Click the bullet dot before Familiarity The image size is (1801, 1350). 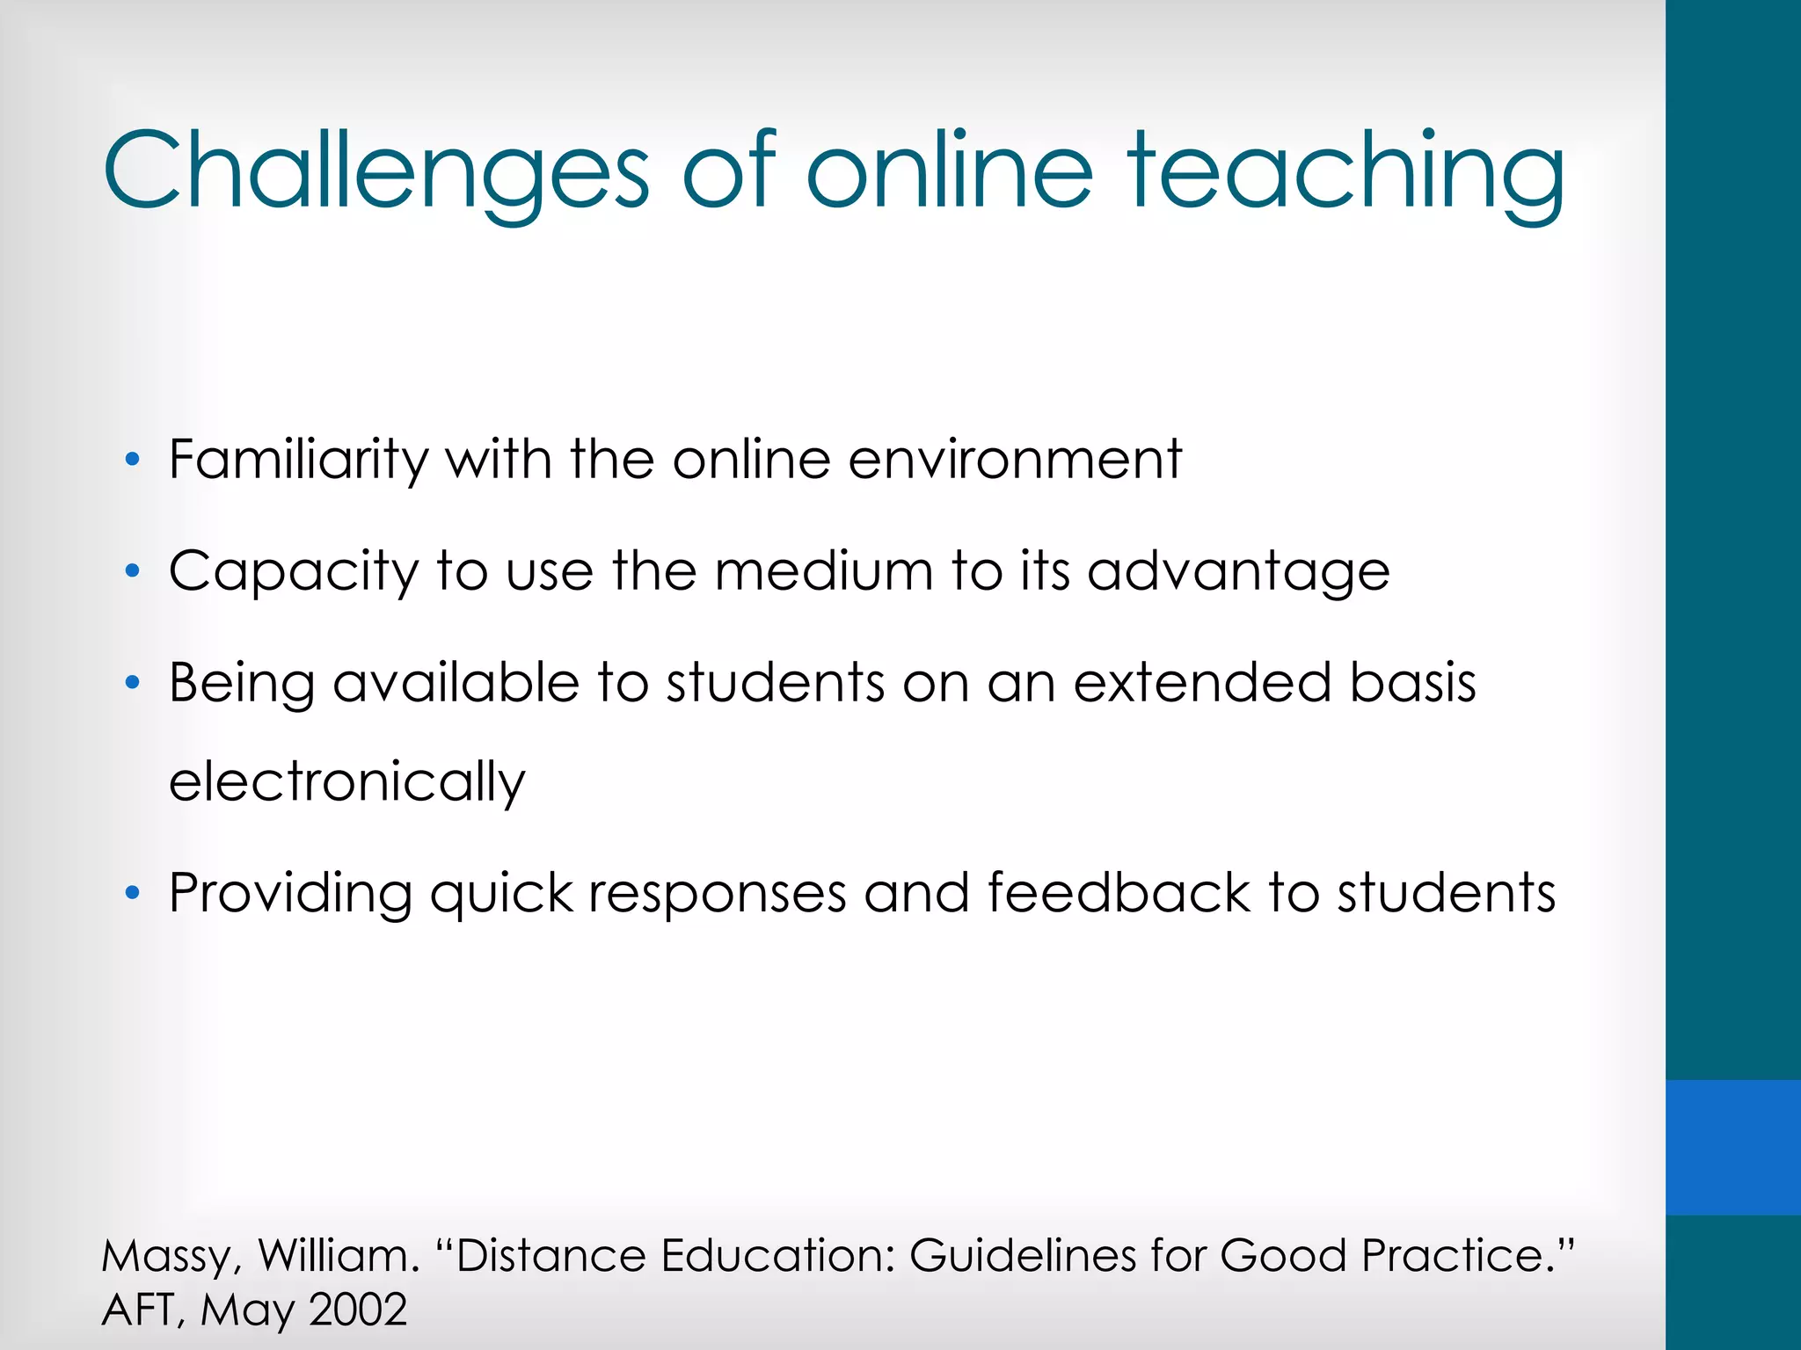pyautogui.click(x=133, y=459)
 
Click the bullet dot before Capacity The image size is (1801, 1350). pyautogui.click(x=133, y=571)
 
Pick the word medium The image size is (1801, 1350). pyautogui.click(x=823, y=571)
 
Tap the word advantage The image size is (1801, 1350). pyautogui.click(x=1238, y=573)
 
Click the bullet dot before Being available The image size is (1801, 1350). pyautogui.click(x=133, y=683)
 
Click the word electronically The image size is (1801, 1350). pyautogui.click(x=347, y=782)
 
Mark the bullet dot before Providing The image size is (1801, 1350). pyautogui.click(x=133, y=894)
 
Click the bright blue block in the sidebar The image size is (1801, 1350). pyautogui.click(x=1732, y=1147)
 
